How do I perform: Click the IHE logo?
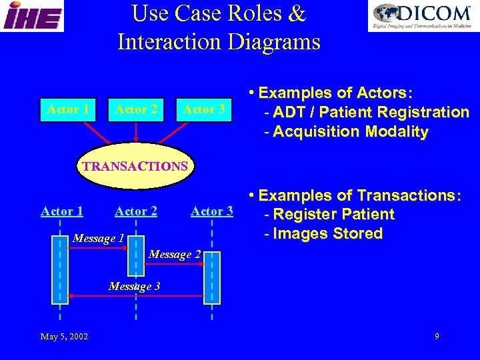[x=32, y=16]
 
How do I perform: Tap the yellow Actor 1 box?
[x=69, y=109]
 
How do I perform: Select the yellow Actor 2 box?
[x=136, y=109]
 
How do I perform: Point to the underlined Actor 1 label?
[x=62, y=211]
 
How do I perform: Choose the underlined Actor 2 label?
[x=136, y=211]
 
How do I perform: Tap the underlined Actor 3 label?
[x=211, y=211]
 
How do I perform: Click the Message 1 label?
[x=99, y=238]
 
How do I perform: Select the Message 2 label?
[x=175, y=254]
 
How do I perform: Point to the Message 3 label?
[x=134, y=287]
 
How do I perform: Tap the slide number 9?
[x=437, y=336]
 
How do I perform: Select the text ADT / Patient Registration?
[x=367, y=112]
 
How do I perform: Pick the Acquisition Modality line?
[x=346, y=131]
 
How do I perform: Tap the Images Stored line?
[x=323, y=233]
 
